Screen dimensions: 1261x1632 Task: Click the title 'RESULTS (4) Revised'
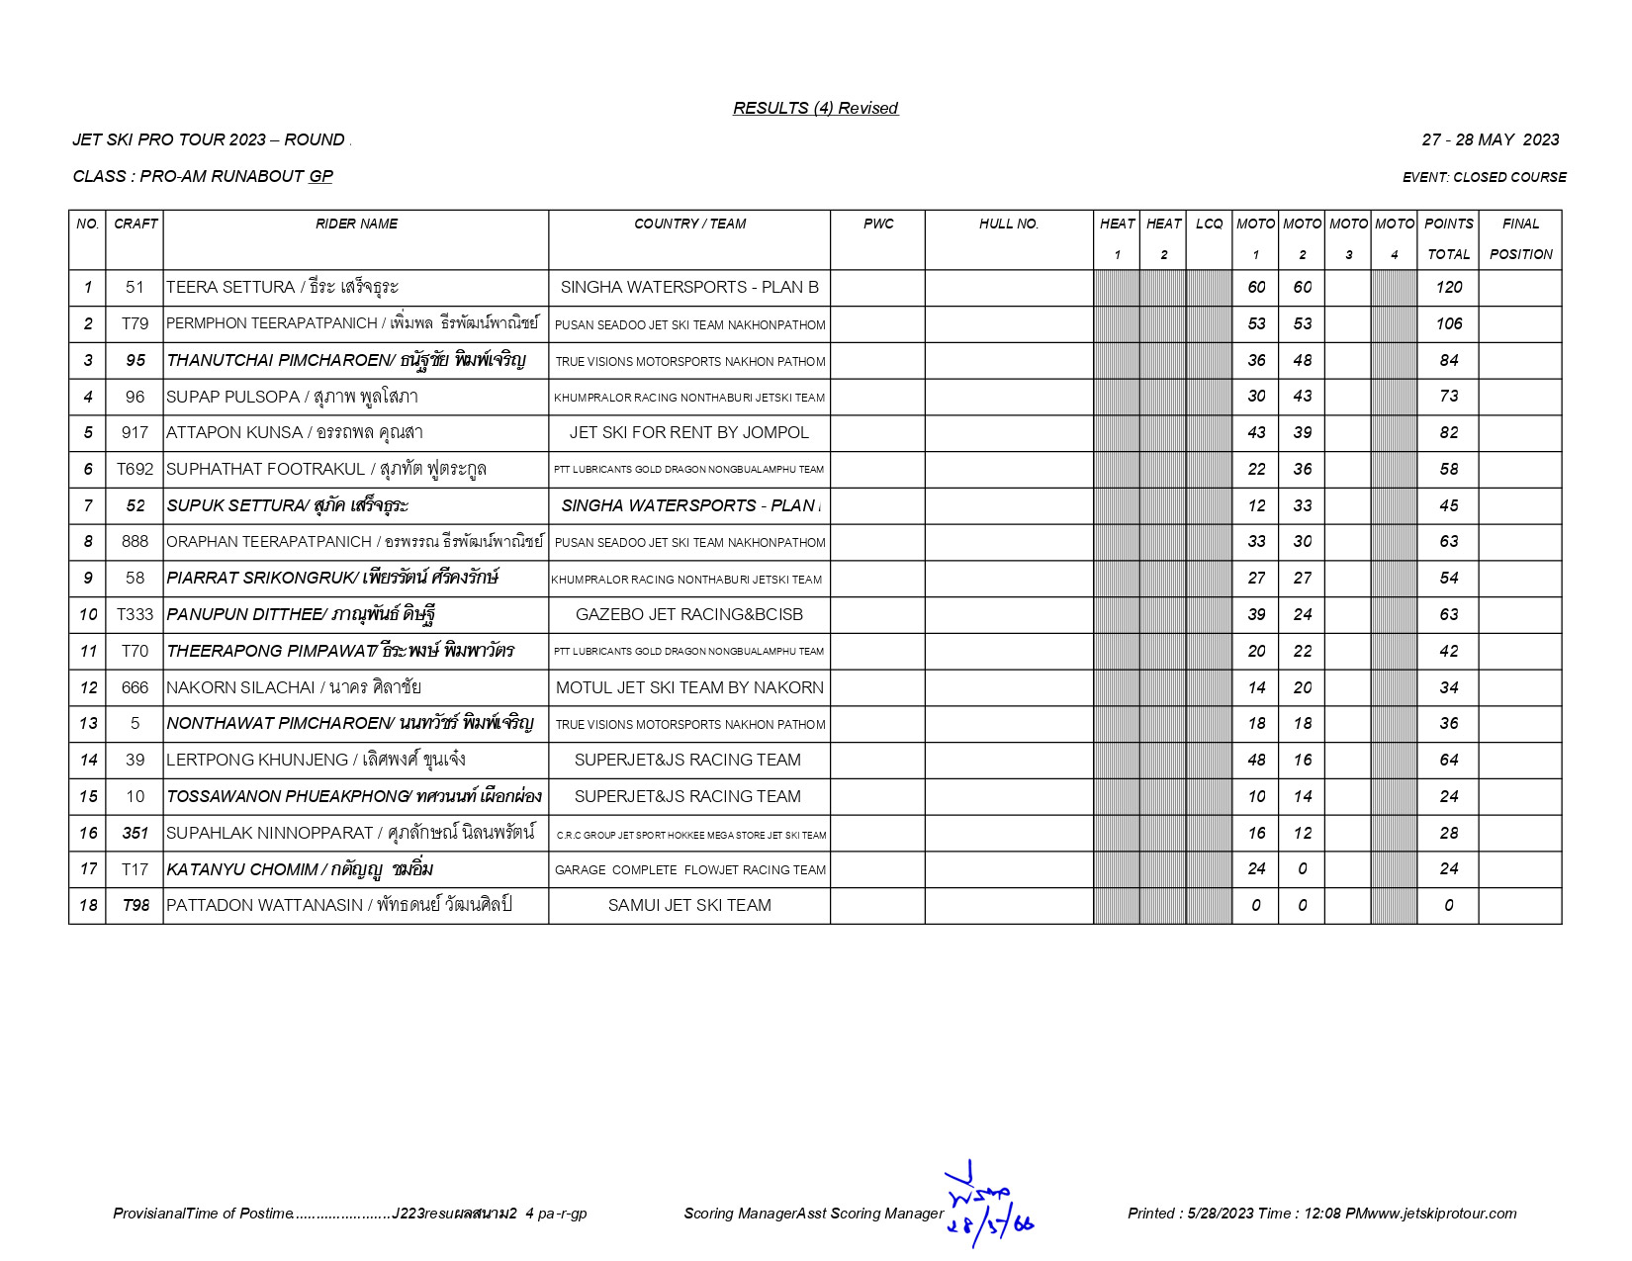(x=815, y=108)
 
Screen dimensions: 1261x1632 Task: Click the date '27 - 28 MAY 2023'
(x=1490, y=139)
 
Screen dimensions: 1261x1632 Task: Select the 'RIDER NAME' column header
(x=356, y=225)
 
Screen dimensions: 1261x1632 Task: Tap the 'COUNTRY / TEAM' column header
(x=689, y=225)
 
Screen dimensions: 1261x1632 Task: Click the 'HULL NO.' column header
(x=1008, y=225)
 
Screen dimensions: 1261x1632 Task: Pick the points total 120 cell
(x=1448, y=287)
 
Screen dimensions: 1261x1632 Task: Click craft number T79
(x=135, y=323)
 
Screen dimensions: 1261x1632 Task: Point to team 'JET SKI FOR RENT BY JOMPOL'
(x=688, y=432)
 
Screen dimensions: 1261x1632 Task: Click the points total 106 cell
(x=1448, y=323)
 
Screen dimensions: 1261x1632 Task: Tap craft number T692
(x=135, y=469)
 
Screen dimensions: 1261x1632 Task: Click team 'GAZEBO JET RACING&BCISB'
(x=688, y=614)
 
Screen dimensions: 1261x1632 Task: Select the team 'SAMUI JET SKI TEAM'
(x=688, y=905)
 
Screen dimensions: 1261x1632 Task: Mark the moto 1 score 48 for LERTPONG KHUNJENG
(x=1255, y=760)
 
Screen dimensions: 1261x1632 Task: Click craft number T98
(x=135, y=905)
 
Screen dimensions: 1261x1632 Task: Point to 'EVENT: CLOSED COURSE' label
(x=1484, y=177)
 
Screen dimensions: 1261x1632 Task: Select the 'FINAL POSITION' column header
(x=1520, y=238)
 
